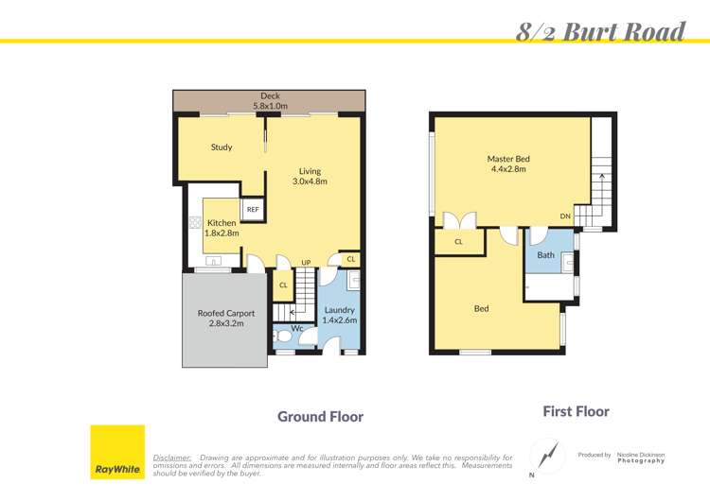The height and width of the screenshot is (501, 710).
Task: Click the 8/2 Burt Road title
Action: (x=600, y=32)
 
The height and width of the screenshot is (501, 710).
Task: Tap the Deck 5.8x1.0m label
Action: (x=270, y=101)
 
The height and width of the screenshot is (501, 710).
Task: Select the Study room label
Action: (x=222, y=147)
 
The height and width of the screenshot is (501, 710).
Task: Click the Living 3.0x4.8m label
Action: (x=310, y=176)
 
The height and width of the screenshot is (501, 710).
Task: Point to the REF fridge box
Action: (x=253, y=209)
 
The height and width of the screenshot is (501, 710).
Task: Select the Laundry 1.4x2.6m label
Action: (x=339, y=315)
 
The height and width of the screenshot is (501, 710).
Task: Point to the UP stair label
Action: (x=306, y=262)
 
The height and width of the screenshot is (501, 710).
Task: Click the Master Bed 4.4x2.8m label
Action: (x=508, y=164)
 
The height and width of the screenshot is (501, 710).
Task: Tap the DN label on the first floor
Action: (x=565, y=216)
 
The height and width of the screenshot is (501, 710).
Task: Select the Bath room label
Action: (x=546, y=255)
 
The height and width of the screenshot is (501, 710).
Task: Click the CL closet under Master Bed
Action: (x=458, y=242)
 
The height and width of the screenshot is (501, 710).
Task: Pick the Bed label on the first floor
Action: (x=481, y=308)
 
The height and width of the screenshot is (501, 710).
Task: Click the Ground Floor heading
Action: (x=320, y=416)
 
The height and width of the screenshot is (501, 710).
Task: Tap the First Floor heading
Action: (x=576, y=411)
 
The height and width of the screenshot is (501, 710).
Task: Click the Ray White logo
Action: (x=117, y=452)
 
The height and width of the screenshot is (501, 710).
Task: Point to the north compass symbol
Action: (x=545, y=456)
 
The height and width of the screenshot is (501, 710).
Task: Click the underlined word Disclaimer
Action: (x=171, y=457)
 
